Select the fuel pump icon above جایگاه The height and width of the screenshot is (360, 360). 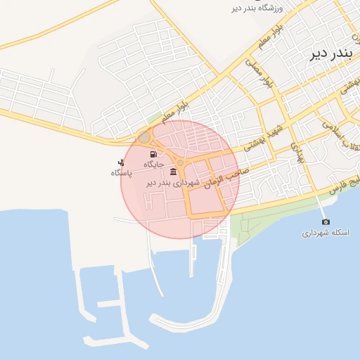click(x=153, y=154)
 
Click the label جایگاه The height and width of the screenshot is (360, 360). click(x=154, y=164)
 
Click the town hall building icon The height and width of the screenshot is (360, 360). click(x=173, y=172)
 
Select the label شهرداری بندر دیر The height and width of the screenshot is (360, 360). click(x=173, y=182)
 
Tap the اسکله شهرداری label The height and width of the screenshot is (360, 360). click(x=326, y=233)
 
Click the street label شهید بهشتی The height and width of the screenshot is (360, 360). click(x=264, y=138)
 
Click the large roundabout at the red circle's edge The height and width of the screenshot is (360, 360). click(x=144, y=137)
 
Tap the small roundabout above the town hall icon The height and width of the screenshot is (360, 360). click(x=181, y=163)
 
